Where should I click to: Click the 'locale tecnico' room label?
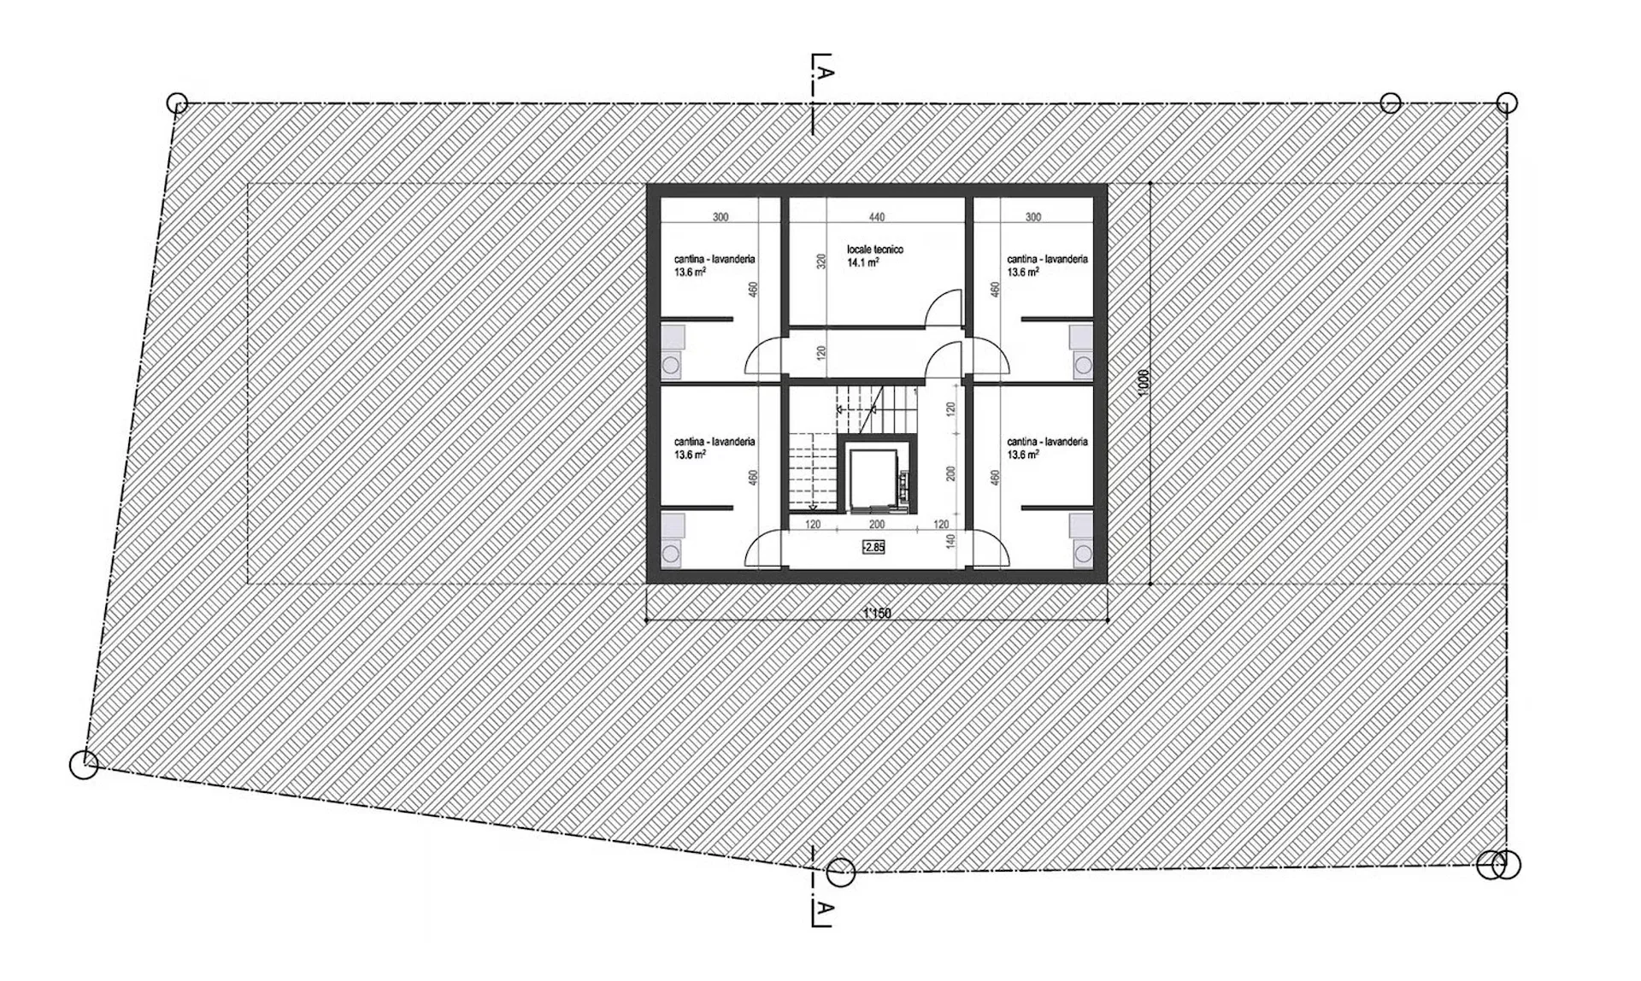874,250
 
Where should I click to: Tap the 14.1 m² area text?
863,263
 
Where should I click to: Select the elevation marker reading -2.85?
873,547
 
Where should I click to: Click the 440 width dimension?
877,217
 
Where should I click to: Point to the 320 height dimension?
821,261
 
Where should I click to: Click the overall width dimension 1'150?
877,613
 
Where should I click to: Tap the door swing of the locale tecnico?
946,307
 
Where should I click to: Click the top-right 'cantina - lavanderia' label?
1047,259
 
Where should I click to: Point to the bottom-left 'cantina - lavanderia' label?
715,442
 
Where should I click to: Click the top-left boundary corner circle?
177,103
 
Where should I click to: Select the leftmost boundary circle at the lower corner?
84,765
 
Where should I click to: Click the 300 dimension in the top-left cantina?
721,217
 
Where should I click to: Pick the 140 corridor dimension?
950,540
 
